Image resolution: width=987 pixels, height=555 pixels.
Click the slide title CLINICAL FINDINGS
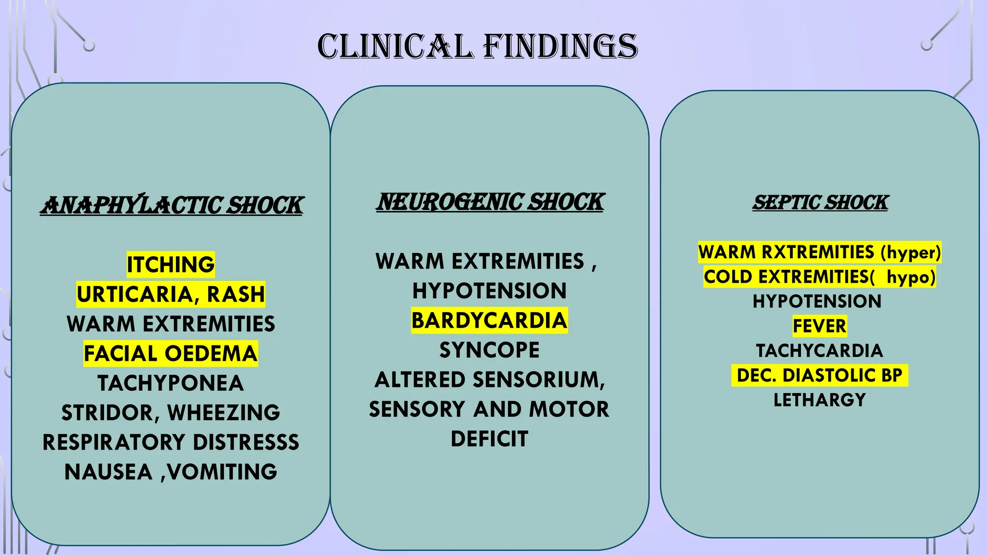click(477, 47)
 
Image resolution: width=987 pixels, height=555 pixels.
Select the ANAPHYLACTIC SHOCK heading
click(172, 205)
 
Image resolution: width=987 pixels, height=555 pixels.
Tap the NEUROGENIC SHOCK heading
click(490, 202)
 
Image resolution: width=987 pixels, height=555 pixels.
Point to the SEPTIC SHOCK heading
click(820, 202)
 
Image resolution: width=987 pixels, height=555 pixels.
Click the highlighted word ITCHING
click(171, 264)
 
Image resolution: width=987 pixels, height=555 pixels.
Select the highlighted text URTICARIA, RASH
click(171, 294)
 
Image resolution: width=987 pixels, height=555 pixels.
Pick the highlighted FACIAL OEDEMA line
click(171, 354)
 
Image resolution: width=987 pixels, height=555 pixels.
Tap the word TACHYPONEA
click(171, 383)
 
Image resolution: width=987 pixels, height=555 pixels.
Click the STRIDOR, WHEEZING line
click(171, 413)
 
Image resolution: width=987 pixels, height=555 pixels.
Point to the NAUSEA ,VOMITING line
click(171, 472)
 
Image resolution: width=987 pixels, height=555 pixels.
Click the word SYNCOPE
click(489, 350)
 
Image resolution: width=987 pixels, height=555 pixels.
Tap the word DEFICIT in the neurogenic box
click(489, 439)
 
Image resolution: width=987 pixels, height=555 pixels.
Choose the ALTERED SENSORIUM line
click(489, 380)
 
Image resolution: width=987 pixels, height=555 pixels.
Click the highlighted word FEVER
click(819, 326)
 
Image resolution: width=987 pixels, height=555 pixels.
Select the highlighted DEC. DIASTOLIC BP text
click(819, 375)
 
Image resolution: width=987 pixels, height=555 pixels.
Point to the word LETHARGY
click(819, 400)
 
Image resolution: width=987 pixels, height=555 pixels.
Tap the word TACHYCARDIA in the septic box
click(819, 351)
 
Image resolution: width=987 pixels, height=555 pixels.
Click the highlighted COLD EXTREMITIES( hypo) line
click(819, 277)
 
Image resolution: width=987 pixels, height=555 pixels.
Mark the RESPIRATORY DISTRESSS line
click(171, 442)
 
